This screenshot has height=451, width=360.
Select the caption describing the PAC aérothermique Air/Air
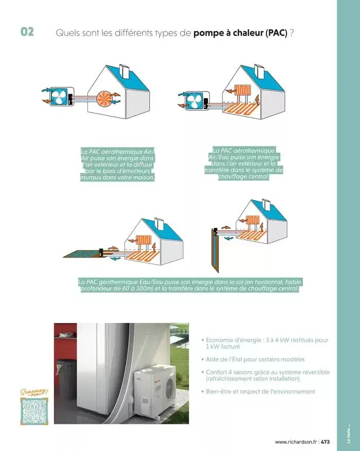[118, 164]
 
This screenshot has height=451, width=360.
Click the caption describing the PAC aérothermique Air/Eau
[244, 163]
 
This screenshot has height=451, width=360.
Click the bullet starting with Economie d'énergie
[266, 343]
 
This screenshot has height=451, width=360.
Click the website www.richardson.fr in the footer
[295, 442]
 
